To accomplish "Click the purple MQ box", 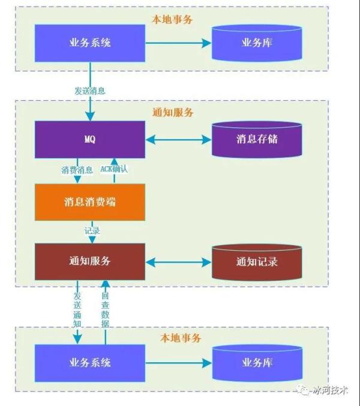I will [89, 140].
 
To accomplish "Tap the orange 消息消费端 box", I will [89, 202].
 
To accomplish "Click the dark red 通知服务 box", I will [89, 262].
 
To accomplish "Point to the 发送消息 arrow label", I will [90, 91].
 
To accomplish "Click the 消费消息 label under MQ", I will [77, 170].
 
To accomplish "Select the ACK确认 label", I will [114, 170].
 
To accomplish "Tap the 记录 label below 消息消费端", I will [92, 230].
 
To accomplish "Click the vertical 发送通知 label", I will [77, 309].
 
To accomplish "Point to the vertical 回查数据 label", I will [106, 309].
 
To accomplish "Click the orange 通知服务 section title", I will [173, 113].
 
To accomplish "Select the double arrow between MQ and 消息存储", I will [178, 140].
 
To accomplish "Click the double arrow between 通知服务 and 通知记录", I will [178, 262].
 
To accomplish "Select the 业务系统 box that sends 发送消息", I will [89, 43].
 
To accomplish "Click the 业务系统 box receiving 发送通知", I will [89, 363].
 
